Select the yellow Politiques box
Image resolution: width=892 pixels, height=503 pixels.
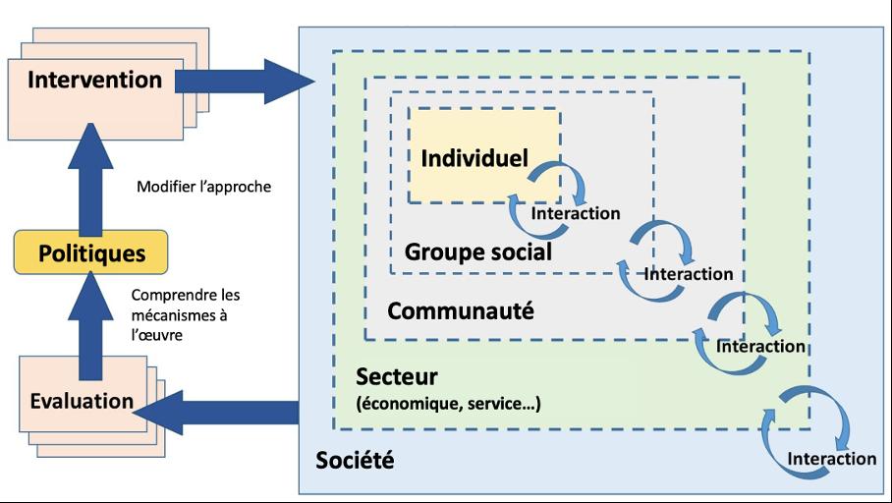coord(90,253)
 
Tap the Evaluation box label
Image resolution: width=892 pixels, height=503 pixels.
coord(82,400)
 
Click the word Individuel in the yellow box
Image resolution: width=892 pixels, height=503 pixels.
coord(474,157)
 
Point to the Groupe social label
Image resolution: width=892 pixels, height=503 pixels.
coord(477,251)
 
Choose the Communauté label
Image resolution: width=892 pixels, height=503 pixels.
coord(461,311)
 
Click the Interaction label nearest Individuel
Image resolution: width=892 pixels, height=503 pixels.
coord(575,213)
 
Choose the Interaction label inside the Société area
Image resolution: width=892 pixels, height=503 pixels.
coord(831,459)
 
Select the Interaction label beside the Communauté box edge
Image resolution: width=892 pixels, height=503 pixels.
coord(760,346)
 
